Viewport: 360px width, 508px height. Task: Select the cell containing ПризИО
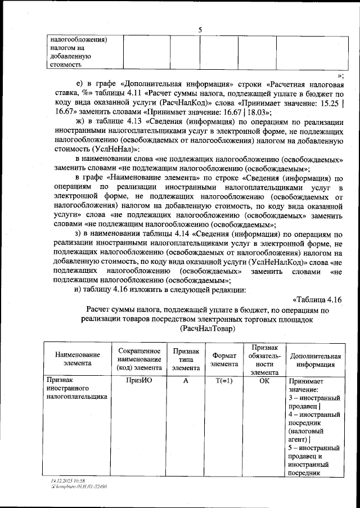(140, 380)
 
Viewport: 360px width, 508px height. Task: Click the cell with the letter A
(185, 380)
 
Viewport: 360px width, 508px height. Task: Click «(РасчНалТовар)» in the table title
(208, 328)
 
